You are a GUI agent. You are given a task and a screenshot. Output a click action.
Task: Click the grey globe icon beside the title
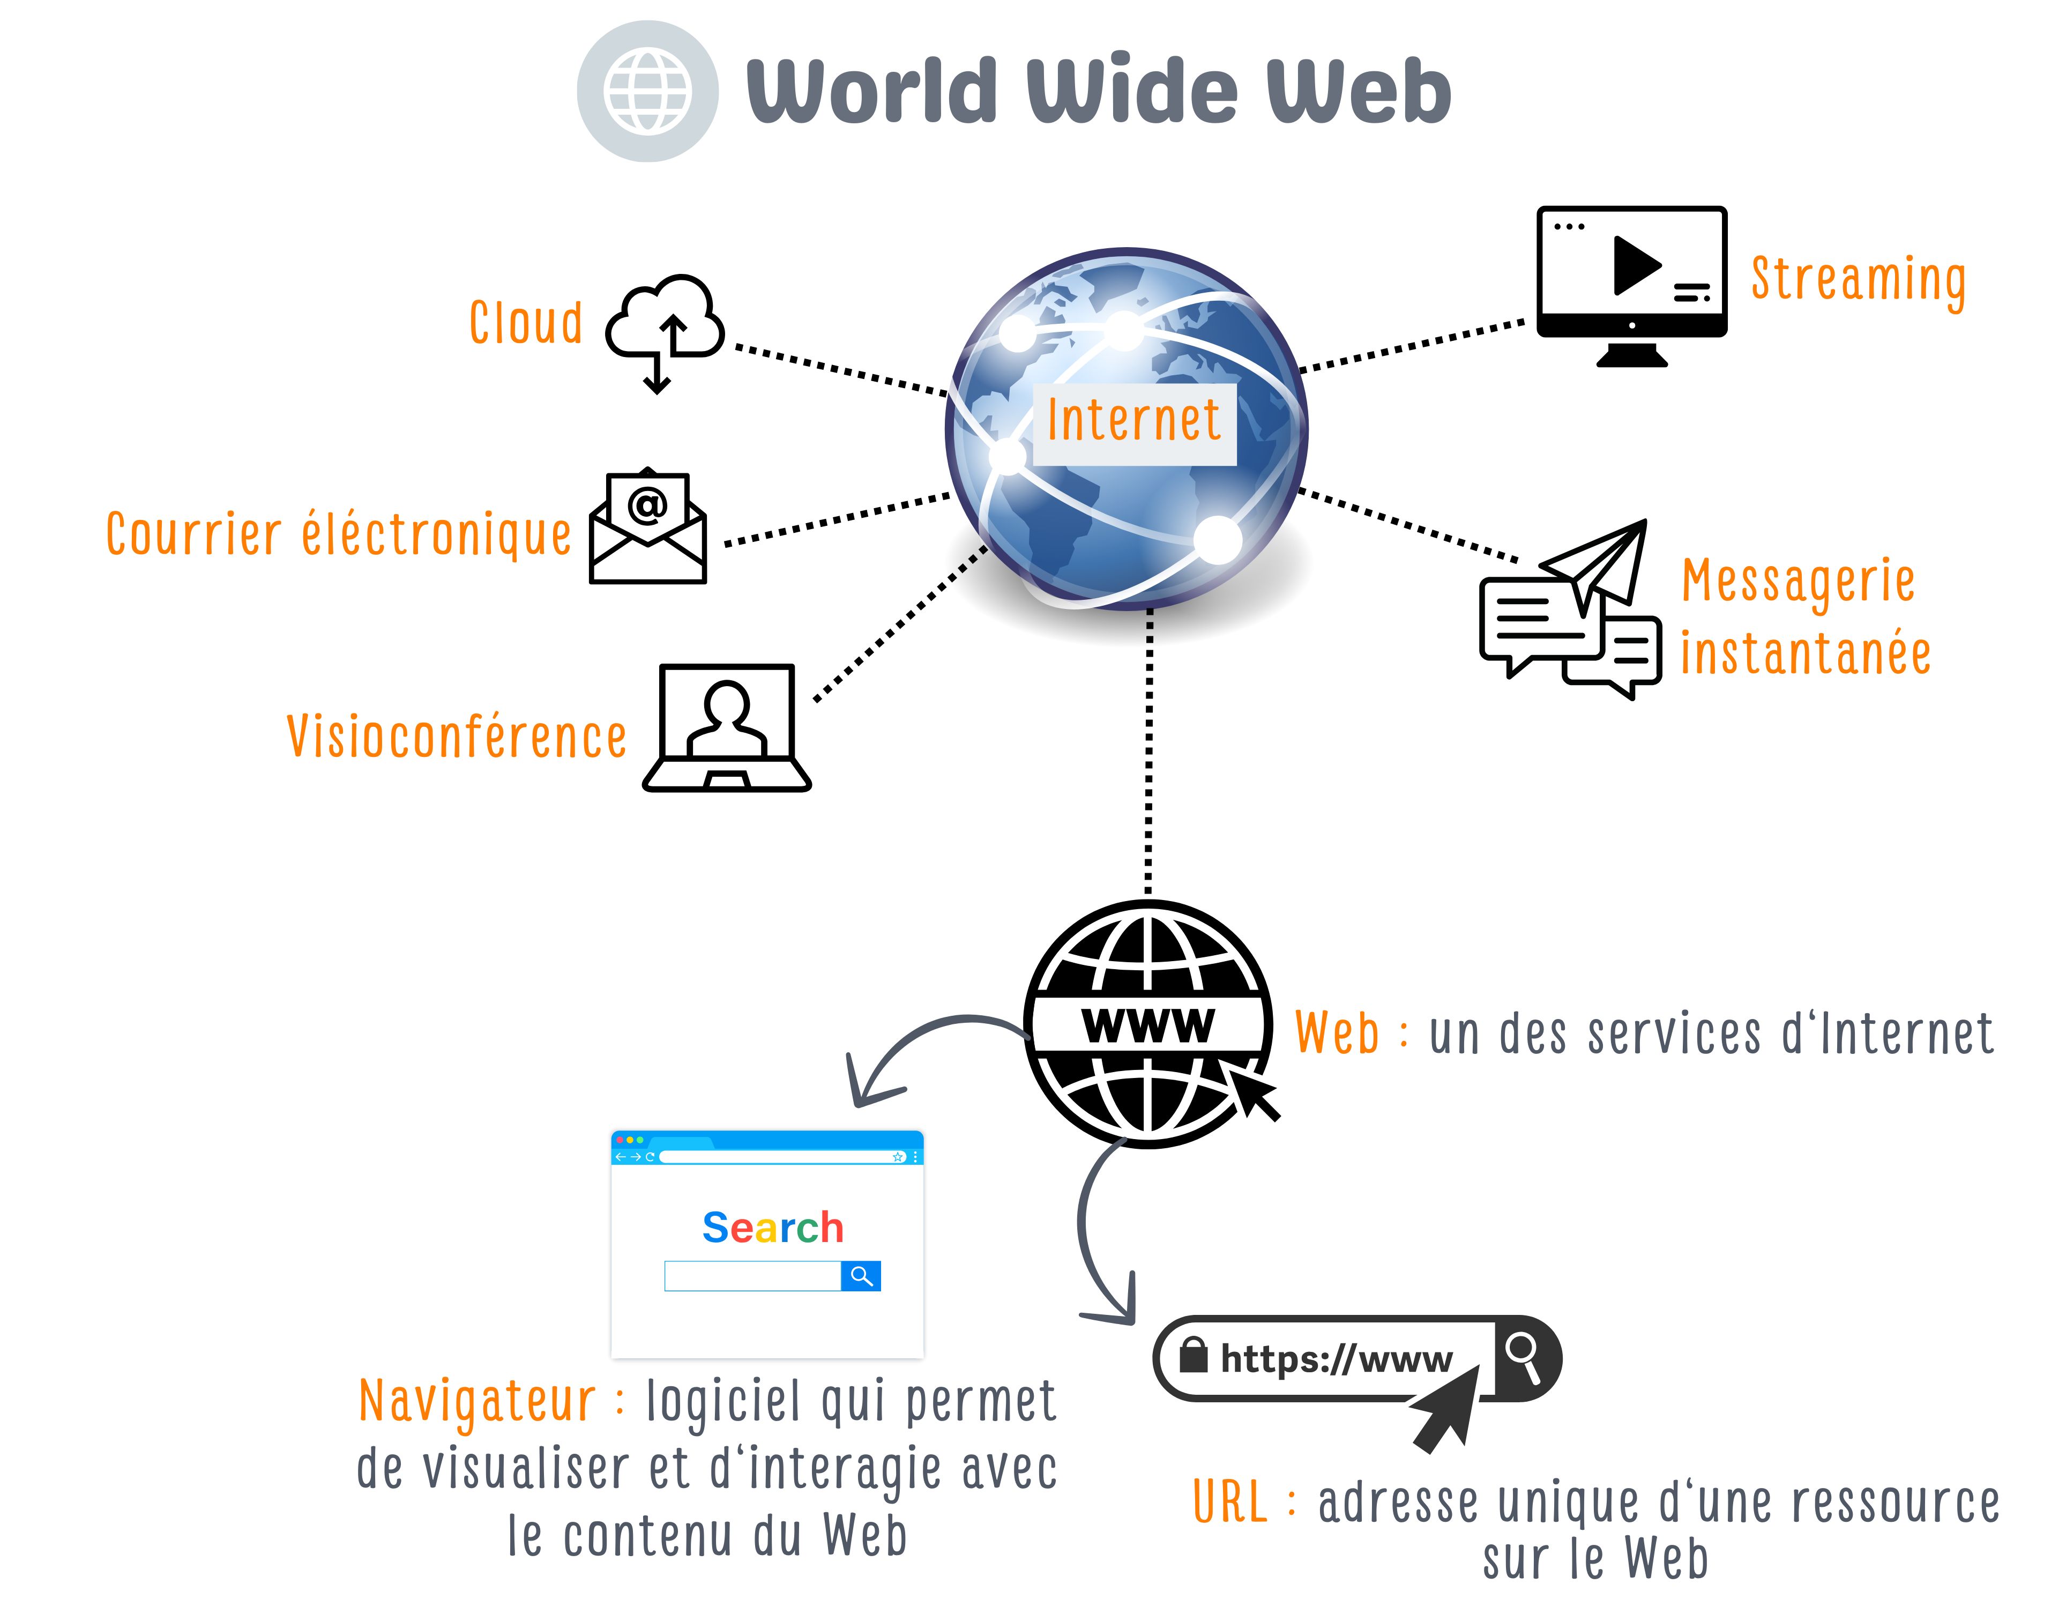point(647,91)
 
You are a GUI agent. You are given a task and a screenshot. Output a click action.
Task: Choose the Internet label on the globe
point(1134,422)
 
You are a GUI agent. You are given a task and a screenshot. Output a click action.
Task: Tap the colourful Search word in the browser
point(772,1227)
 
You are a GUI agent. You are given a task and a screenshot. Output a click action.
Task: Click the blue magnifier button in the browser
point(861,1276)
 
